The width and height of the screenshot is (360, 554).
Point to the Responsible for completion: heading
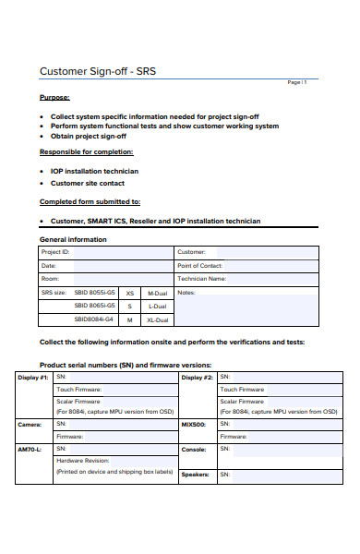pos(86,151)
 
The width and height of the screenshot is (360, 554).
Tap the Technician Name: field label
pos(202,278)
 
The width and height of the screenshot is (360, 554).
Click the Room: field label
pos(51,278)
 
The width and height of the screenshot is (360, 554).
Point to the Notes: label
pos(186,293)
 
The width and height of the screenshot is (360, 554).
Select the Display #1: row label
pos(33,378)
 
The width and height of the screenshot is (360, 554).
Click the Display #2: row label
pos(197,378)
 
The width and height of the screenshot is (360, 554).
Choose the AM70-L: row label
pos(30,449)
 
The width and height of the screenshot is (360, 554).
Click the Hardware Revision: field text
pos(83,460)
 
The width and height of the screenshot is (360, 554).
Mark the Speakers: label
pos(194,474)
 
